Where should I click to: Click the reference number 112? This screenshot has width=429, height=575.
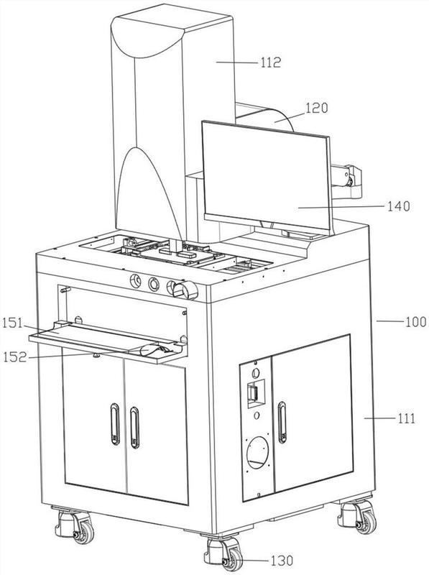coord(271,63)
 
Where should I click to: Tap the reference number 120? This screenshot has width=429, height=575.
coord(317,108)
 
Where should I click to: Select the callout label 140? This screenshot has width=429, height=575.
coord(399,206)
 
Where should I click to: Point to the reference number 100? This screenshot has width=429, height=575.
coord(415,322)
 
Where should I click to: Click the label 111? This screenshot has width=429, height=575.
coord(407,418)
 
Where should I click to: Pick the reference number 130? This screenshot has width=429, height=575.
coord(282,561)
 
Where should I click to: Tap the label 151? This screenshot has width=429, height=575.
coord(13,324)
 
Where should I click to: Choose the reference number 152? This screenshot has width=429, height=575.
coord(15,356)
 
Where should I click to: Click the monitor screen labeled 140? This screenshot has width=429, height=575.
coord(267,176)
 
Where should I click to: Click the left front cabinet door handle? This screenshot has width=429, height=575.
coord(115,424)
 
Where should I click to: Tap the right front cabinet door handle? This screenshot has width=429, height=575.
coord(134,427)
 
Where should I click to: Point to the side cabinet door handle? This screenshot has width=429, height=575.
coord(282,422)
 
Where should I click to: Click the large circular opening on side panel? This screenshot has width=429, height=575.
coord(258,453)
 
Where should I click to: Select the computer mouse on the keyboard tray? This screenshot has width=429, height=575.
coord(153,349)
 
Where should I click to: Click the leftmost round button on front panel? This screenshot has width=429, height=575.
coord(135,281)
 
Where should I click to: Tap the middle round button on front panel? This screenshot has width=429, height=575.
coord(154,284)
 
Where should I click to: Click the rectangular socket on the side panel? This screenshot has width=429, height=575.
coord(255,392)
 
